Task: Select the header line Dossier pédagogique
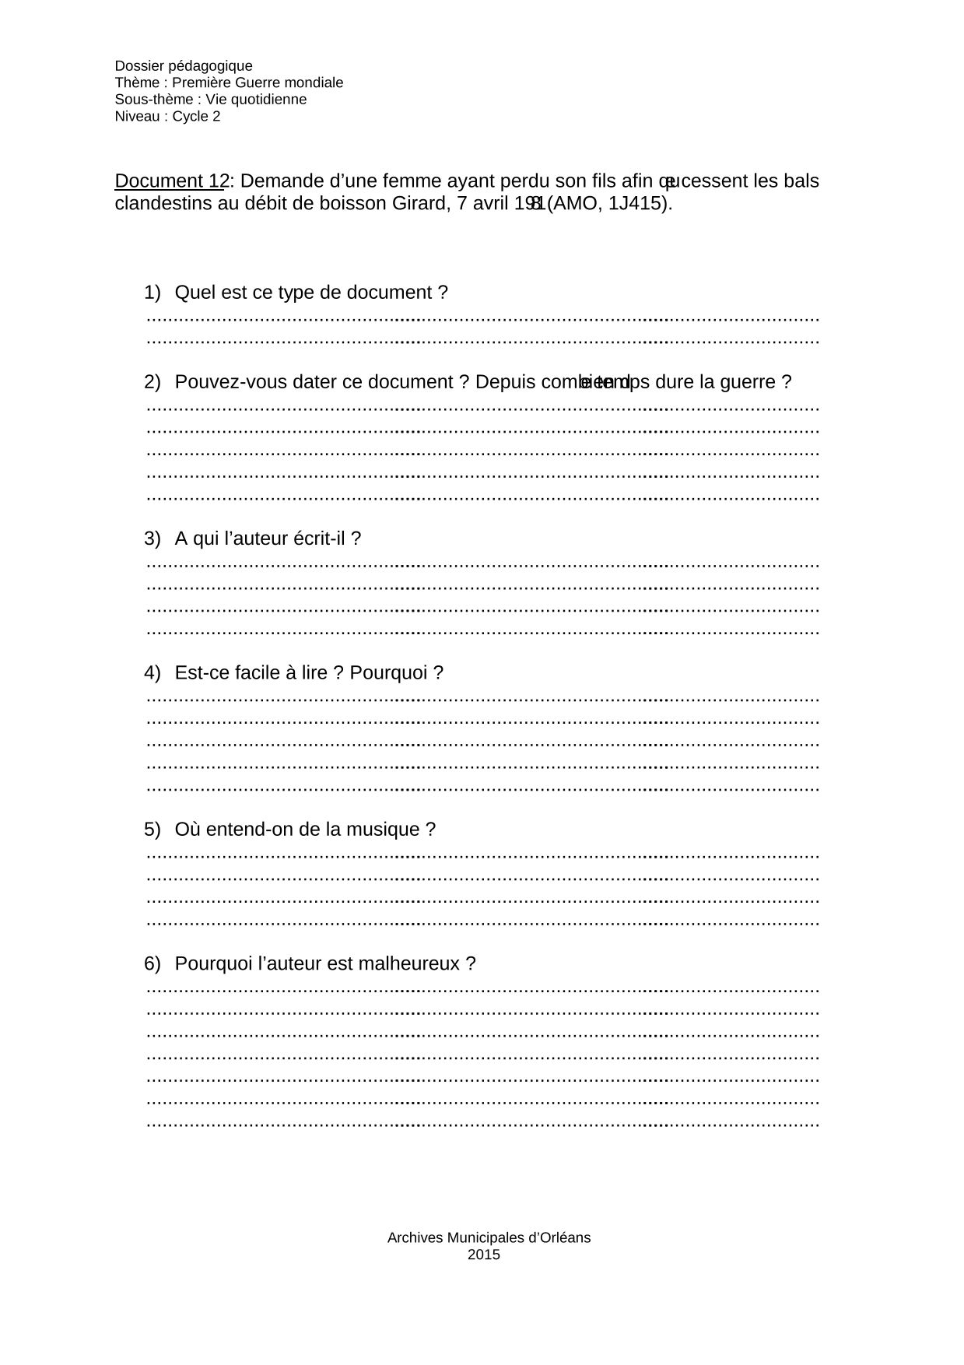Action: point(184,66)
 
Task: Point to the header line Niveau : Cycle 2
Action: point(167,117)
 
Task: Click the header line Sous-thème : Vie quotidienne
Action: point(210,100)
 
